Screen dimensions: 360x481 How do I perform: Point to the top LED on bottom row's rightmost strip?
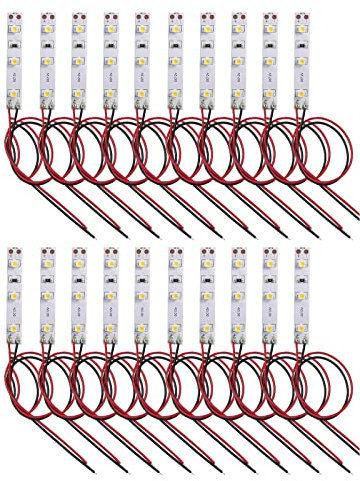click(x=302, y=267)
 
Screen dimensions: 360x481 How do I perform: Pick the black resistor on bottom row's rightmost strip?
click(x=302, y=281)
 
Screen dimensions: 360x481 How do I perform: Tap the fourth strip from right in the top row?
click(x=206, y=60)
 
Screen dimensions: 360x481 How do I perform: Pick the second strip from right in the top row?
click(x=270, y=60)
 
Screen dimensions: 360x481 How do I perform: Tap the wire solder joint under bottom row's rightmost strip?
click(x=302, y=341)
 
